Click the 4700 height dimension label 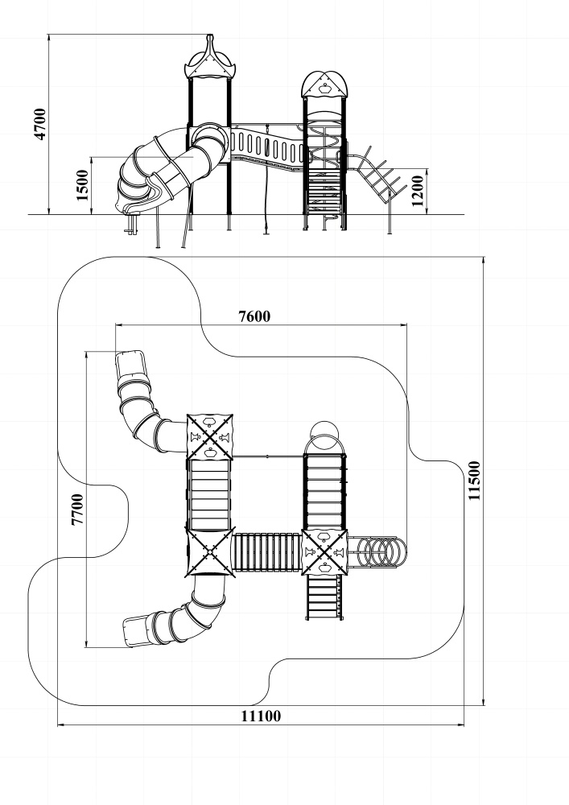pos(40,124)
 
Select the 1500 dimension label pos(82,185)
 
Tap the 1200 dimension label pos(418,191)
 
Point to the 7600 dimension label pos(254,316)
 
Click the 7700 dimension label pos(77,509)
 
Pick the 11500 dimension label pos(475,481)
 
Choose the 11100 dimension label pos(261,716)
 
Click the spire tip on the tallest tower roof pos(209,36)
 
